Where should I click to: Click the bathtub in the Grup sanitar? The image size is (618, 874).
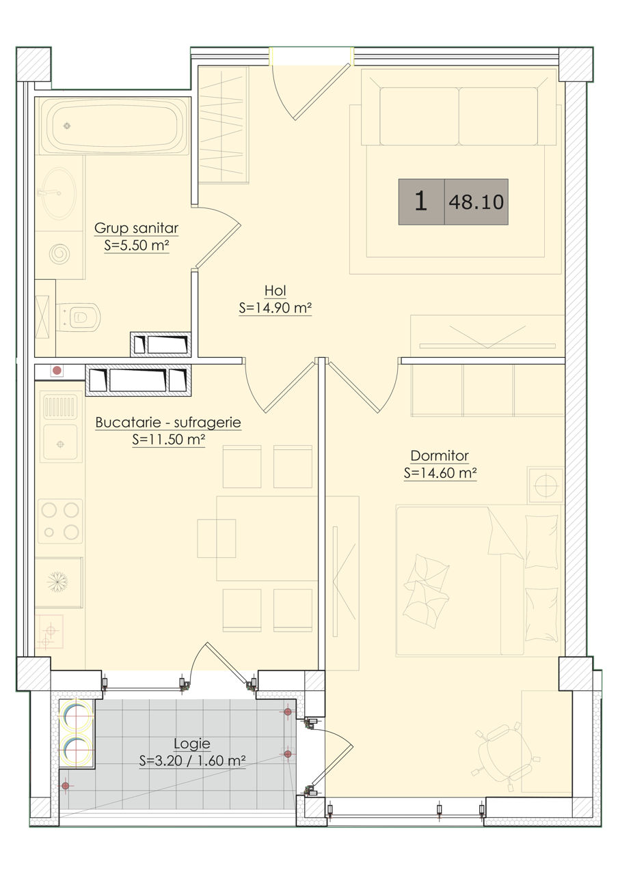tap(115, 126)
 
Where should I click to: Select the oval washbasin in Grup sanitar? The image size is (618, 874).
tap(59, 193)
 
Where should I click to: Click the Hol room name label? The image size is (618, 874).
tap(276, 290)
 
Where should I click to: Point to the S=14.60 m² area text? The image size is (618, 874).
tap(440, 473)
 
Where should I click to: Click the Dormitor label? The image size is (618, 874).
tap(440, 455)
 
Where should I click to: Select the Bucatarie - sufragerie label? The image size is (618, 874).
tap(168, 422)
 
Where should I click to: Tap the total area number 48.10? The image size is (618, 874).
tap(476, 201)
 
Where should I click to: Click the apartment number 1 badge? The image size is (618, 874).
tap(421, 201)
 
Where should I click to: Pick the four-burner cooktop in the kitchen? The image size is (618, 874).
tap(60, 521)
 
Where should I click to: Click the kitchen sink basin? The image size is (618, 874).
tap(60, 443)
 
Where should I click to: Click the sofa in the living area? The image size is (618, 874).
tap(459, 107)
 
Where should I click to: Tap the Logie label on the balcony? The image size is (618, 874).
tap(192, 744)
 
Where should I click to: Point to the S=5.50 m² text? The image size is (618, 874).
tap(137, 245)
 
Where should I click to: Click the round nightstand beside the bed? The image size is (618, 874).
tap(546, 485)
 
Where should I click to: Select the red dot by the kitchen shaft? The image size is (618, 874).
tap(57, 370)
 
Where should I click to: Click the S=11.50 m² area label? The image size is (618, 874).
tap(169, 440)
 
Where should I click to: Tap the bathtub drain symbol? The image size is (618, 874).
tap(67, 126)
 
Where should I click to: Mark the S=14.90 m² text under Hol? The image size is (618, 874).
tap(276, 308)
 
